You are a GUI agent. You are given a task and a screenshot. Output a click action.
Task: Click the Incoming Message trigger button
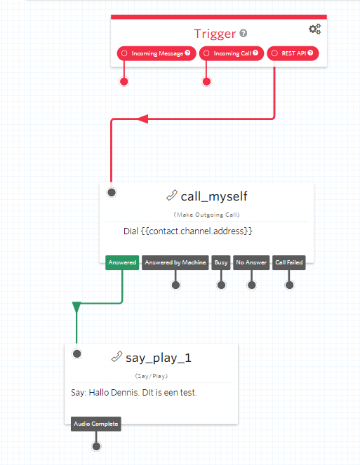(x=156, y=53)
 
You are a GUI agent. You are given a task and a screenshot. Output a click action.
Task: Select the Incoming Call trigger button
(x=232, y=53)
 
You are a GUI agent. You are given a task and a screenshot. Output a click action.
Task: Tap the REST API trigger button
(x=293, y=53)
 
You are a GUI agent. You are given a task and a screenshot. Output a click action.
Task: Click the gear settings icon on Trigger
(x=314, y=29)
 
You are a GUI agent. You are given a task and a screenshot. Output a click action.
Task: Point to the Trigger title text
(x=215, y=34)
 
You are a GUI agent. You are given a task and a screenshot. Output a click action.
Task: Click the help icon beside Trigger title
(x=244, y=33)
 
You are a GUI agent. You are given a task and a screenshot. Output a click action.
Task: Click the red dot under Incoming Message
(x=124, y=81)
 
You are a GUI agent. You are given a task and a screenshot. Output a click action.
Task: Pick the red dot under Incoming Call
(x=206, y=81)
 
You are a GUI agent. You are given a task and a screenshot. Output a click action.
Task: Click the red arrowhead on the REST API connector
(x=143, y=119)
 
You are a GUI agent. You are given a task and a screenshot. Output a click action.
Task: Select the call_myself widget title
(x=214, y=196)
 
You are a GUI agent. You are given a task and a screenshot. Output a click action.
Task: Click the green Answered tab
(x=122, y=262)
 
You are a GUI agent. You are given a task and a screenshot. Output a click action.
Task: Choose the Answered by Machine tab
(x=175, y=262)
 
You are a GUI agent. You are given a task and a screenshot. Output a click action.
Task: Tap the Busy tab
(x=221, y=262)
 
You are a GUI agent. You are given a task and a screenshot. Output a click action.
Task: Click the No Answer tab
(x=251, y=262)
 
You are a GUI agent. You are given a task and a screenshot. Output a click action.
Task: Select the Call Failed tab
(x=288, y=262)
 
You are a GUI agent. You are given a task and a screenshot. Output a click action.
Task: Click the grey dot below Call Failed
(x=289, y=285)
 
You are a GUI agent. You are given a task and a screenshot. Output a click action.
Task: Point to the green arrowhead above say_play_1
(x=76, y=307)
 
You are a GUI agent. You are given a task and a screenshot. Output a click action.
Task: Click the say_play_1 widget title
(x=159, y=358)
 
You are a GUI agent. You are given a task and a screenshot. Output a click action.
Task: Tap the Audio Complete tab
(x=96, y=424)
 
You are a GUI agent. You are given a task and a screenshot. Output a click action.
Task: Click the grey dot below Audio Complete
(x=96, y=446)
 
